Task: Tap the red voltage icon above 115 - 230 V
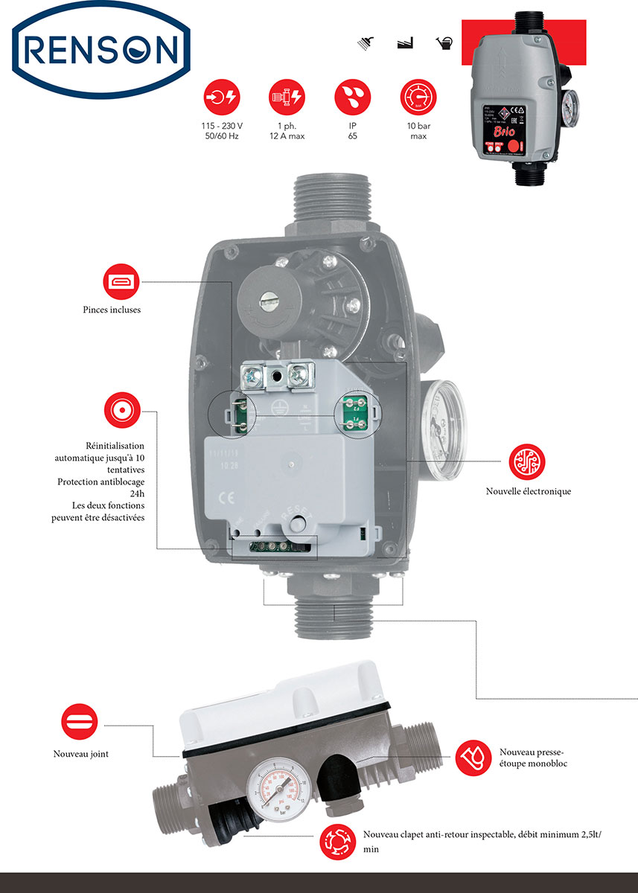coord(222,97)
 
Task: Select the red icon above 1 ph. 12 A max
coord(287,97)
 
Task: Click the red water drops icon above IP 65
coord(352,97)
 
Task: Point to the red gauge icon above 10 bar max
coord(418,97)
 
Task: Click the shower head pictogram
coord(366,43)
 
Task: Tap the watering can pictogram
coord(444,43)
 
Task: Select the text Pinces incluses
coord(112,310)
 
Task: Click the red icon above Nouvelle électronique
coord(527,461)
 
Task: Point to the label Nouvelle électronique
coord(529,491)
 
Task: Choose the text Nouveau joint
coord(81,754)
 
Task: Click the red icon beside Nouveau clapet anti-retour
coord(337,842)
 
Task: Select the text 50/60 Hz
coord(221,137)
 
